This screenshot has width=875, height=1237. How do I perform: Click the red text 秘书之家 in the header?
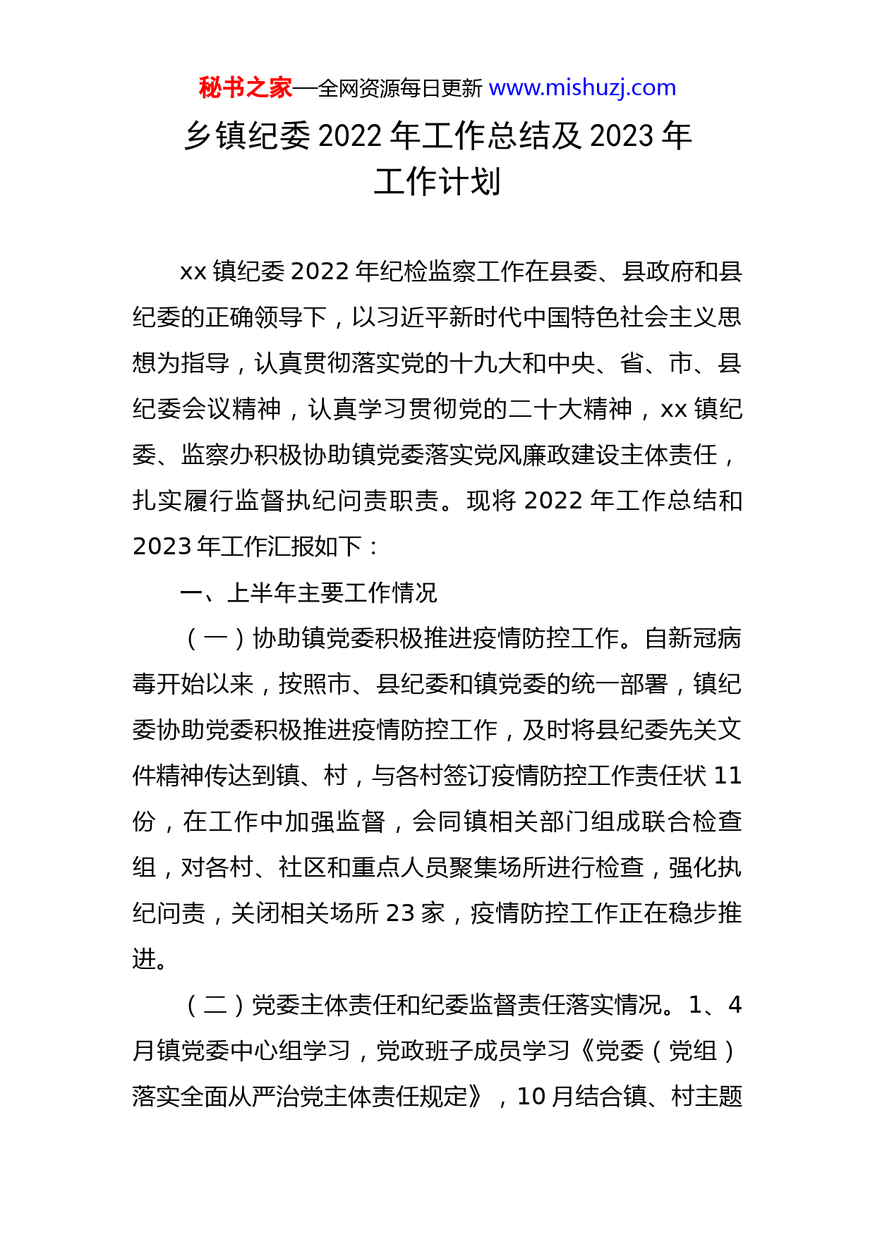pyautogui.click(x=245, y=87)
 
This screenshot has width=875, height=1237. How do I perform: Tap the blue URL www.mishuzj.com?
pyautogui.click(x=582, y=87)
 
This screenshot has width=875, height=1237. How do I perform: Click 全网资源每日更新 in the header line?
pyautogui.click(x=400, y=88)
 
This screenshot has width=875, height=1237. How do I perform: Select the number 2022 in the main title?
pyautogui.click(x=350, y=136)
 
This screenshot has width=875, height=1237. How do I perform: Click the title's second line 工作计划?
pyautogui.click(x=437, y=182)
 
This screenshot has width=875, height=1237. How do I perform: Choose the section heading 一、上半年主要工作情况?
pyautogui.click(x=309, y=592)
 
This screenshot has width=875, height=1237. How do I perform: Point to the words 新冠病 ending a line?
pyautogui.click(x=706, y=638)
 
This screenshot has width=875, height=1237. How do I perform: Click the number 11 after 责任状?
pyautogui.click(x=728, y=776)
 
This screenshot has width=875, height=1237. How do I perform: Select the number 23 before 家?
pyautogui.click(x=400, y=913)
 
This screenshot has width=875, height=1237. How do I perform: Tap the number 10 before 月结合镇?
pyautogui.click(x=531, y=1097)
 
